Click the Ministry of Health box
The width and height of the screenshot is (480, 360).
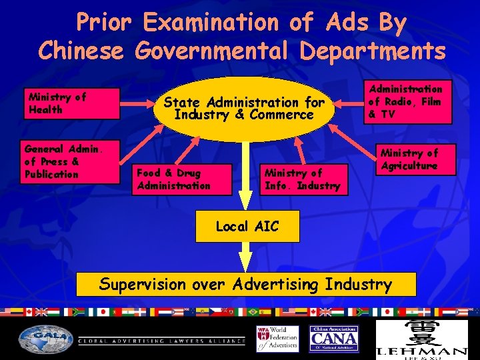coord(72,103)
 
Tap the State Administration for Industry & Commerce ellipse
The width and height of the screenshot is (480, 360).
coord(243,109)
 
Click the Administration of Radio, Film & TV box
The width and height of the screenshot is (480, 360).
coord(406,101)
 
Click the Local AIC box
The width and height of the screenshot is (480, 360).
coord(247,227)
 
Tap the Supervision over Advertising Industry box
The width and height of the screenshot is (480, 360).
coord(246,284)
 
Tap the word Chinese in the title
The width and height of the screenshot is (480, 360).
coord(81,50)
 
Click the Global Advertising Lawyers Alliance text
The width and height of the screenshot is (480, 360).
coord(160,341)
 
